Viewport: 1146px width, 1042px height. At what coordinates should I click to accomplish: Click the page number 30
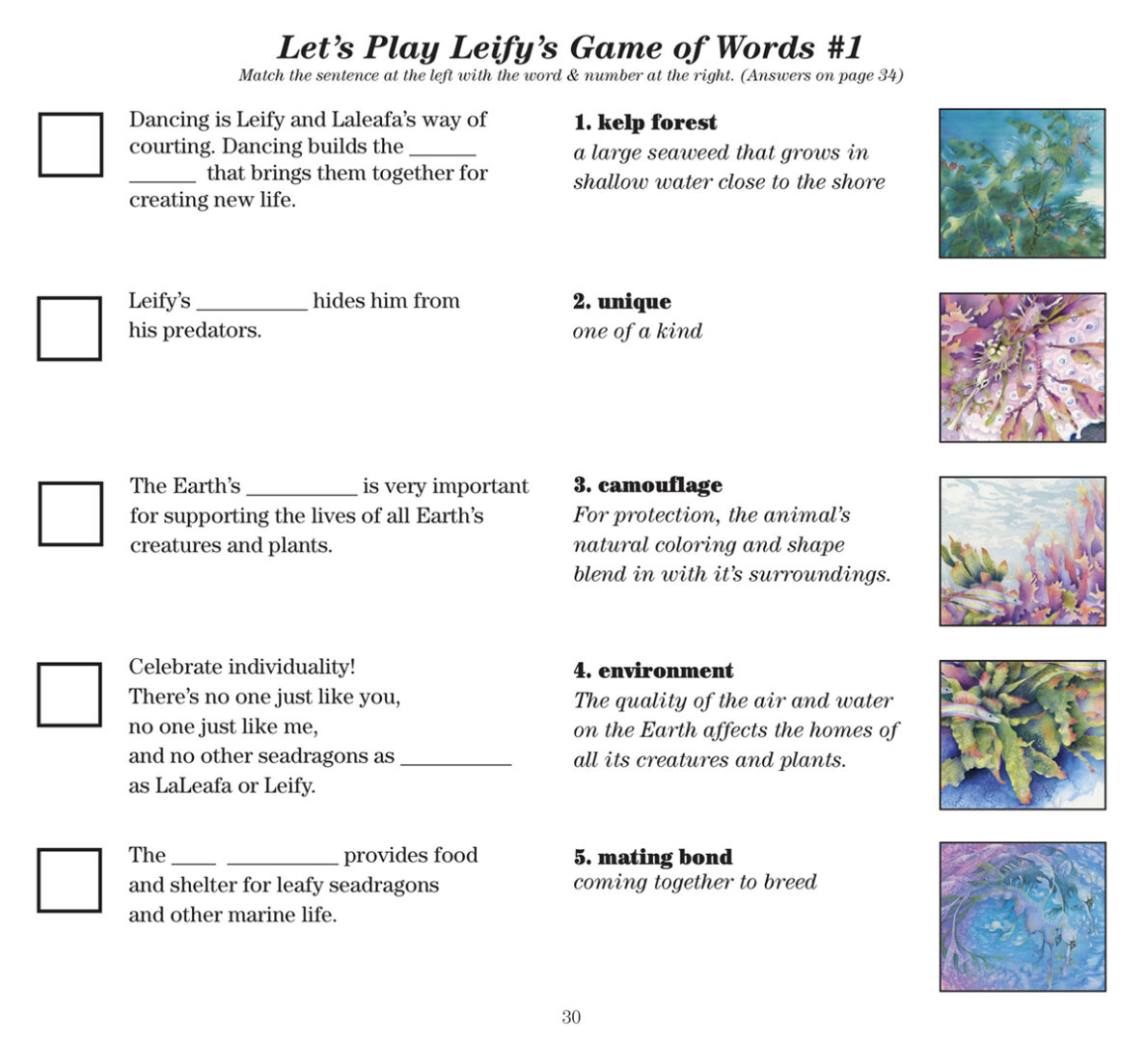[x=571, y=1017]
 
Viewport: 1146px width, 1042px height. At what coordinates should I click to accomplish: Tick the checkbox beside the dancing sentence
[x=70, y=145]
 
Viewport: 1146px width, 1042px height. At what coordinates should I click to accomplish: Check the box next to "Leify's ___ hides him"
[x=69, y=328]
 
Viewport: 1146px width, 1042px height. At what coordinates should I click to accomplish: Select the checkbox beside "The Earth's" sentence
[x=70, y=513]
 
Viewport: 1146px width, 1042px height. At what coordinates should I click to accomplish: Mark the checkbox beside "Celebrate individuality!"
[x=69, y=695]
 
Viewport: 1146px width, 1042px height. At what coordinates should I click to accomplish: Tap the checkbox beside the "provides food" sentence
[x=69, y=880]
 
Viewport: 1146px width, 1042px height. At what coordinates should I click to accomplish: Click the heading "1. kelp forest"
[x=644, y=123]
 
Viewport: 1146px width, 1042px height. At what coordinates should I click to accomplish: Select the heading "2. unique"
[x=621, y=302]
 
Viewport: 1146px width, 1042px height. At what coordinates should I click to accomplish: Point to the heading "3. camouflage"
[x=647, y=485]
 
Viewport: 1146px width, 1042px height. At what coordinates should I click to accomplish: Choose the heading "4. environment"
[x=653, y=671]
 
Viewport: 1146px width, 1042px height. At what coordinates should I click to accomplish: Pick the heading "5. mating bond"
[x=652, y=857]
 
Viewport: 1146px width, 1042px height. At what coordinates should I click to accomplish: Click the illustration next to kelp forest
[x=1023, y=183]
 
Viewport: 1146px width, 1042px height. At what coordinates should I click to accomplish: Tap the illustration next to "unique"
[x=1023, y=368]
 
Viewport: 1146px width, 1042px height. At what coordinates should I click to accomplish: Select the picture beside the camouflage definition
[x=1023, y=551]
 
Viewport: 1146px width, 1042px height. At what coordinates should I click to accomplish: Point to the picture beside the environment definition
[x=1023, y=734]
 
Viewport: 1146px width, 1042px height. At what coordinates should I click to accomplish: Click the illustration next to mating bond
[x=1023, y=917]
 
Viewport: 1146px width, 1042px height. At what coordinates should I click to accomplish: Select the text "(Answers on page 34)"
[x=822, y=75]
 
